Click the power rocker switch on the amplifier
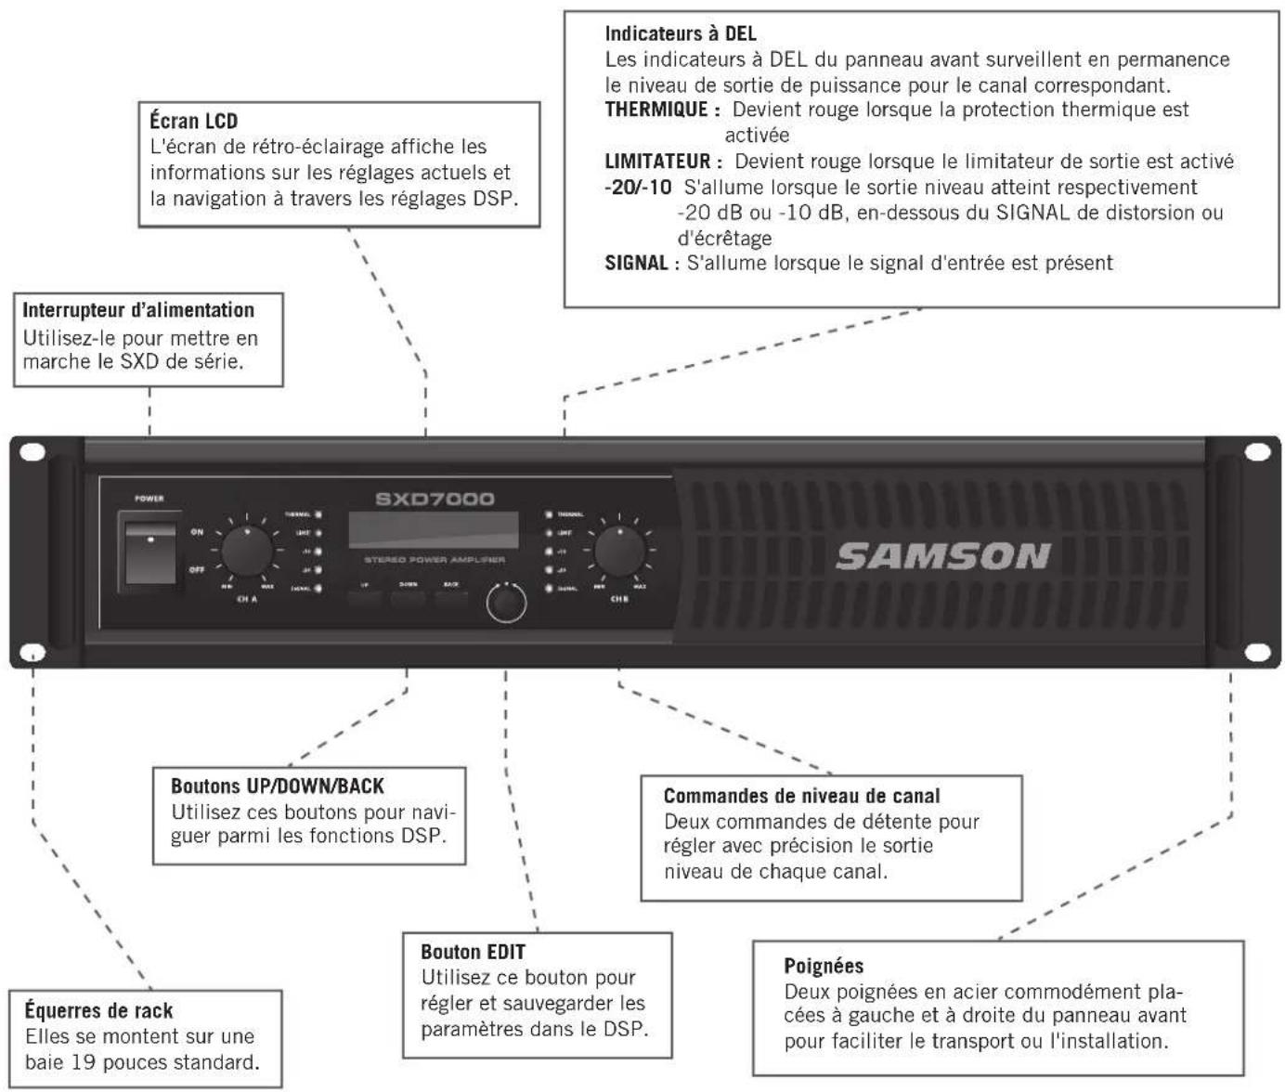[x=150, y=553]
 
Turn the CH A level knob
[x=247, y=552]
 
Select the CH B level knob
[x=619, y=552]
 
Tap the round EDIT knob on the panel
[x=506, y=604]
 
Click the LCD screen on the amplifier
[x=433, y=529]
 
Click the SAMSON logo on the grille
[x=943, y=556]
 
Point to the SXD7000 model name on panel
[x=435, y=499]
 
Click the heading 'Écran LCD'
[x=194, y=121]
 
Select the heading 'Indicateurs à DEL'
[x=681, y=33]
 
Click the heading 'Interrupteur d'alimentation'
[x=138, y=310]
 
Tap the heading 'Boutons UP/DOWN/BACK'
[x=277, y=786]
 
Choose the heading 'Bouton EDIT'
[x=473, y=952]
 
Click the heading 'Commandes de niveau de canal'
[x=801, y=796]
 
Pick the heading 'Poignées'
[x=824, y=966]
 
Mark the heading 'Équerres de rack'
[x=98, y=1010]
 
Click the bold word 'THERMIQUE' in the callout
[x=656, y=110]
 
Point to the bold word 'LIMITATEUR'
[x=657, y=162]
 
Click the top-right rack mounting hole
[x=1257, y=452]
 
